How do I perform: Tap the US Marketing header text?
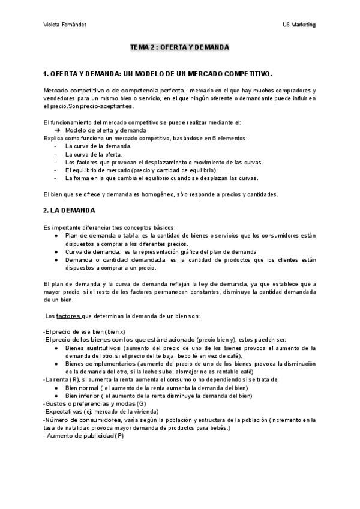click(299, 25)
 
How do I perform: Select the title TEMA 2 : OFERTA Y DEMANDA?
click(180, 47)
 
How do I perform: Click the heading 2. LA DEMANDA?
click(69, 211)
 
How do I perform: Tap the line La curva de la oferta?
click(93, 154)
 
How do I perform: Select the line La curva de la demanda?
click(98, 146)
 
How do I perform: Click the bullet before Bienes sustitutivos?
click(56, 348)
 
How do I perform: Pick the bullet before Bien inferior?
click(56, 396)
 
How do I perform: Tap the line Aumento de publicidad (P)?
click(85, 435)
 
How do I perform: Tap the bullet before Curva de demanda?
click(56, 252)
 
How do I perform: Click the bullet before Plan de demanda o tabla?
click(56, 236)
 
